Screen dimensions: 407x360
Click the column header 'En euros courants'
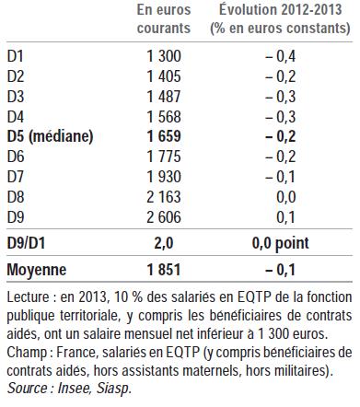click(x=164, y=18)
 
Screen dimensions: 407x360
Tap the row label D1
click(x=16, y=55)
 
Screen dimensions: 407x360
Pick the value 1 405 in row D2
click(x=164, y=76)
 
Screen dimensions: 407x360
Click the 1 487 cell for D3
click(x=164, y=96)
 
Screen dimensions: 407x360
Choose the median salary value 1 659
click(x=164, y=135)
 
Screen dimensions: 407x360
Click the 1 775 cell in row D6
click(x=164, y=156)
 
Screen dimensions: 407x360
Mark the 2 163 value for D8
click(x=164, y=195)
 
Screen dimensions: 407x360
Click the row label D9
click(x=16, y=215)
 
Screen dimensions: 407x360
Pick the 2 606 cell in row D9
click(x=164, y=215)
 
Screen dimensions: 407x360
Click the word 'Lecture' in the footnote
click(x=29, y=298)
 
